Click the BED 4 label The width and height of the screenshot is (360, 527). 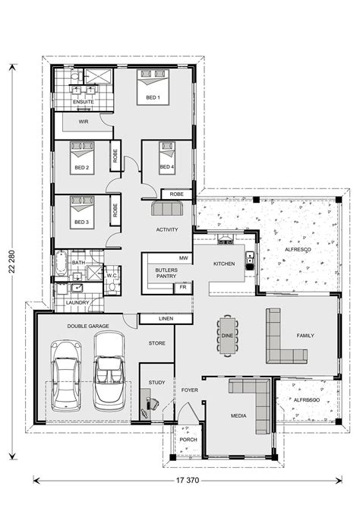tap(167, 168)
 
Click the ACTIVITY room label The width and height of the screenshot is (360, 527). tap(166, 229)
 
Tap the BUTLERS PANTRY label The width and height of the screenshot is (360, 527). tap(166, 273)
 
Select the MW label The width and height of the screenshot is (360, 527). tap(182, 258)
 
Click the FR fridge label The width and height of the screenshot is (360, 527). tap(182, 288)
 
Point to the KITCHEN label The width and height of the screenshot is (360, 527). tap(225, 263)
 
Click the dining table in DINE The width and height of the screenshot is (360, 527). tap(227, 334)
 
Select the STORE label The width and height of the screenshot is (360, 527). tap(156, 343)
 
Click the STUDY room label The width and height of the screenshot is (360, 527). tap(156, 382)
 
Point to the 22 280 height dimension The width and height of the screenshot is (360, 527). tap(11, 260)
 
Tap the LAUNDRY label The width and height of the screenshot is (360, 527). tap(78, 303)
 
